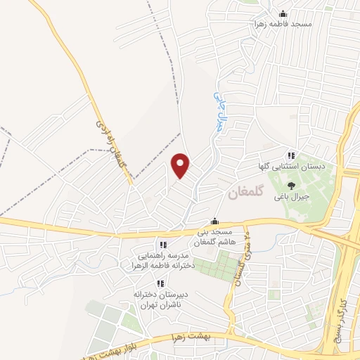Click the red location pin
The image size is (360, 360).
(181, 165)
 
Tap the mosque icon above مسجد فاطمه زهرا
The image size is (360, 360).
(283, 13)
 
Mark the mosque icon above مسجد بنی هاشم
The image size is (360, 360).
(214, 221)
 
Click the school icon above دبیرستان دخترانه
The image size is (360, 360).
(160, 283)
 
